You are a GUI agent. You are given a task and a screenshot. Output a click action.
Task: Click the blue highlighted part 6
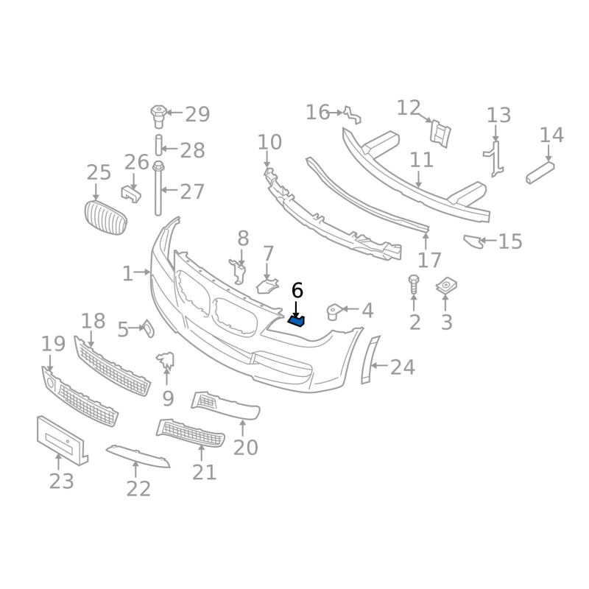297,321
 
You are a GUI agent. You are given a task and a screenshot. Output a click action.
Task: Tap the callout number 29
197,114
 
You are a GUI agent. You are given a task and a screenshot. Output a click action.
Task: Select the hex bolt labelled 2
414,284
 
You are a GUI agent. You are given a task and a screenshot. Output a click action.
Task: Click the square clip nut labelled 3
446,286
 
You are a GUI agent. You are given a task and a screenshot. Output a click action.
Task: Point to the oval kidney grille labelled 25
105,217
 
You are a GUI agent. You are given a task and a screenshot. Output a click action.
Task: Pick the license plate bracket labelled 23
62,440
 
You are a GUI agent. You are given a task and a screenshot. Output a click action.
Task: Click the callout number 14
551,135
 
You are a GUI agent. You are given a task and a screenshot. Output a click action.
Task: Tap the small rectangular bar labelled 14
540,173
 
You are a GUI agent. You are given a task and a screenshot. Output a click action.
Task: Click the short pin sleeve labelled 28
158,144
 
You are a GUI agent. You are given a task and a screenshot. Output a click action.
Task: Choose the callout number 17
429,260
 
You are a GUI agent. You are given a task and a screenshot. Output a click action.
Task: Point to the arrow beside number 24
379,365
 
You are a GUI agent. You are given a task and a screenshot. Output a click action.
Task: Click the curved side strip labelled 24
370,360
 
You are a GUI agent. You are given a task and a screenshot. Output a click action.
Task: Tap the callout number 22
138,488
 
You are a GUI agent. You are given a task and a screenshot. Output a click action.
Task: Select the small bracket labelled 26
131,194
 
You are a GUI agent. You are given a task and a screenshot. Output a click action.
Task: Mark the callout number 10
269,142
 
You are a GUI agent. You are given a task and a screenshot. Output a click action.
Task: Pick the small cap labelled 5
149,328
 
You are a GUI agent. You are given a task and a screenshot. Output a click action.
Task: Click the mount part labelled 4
334,311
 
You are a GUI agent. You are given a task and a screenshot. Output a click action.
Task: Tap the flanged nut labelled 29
158,116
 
